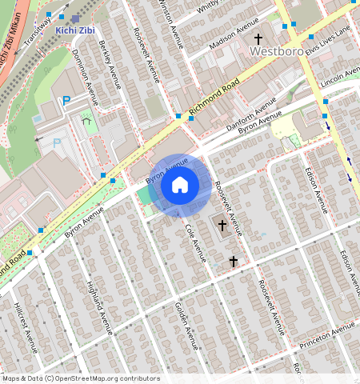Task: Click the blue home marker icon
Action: click(x=180, y=186)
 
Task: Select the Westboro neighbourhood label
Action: click(x=276, y=50)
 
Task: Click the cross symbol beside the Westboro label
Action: click(x=258, y=38)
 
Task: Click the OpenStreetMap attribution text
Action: click(x=80, y=378)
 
